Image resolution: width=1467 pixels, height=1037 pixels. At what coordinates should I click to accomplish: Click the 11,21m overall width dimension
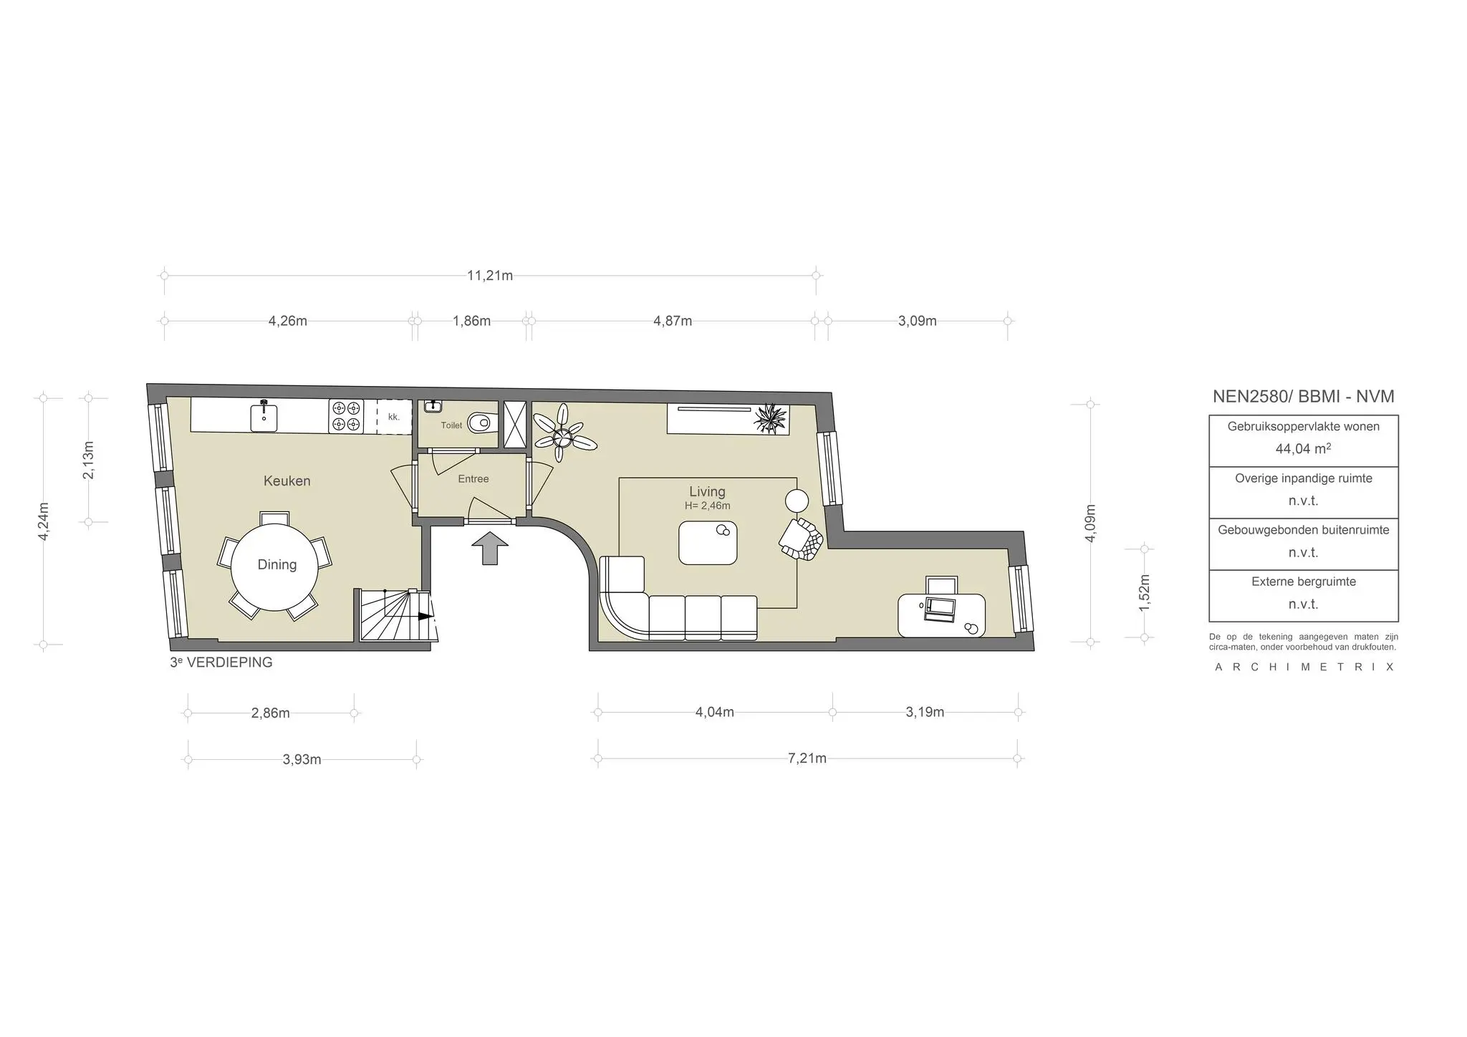point(490,276)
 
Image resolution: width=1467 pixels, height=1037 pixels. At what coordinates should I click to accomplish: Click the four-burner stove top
point(346,417)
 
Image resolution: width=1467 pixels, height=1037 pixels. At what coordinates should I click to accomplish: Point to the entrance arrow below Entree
point(490,548)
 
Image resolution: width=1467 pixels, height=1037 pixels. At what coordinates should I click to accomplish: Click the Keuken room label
point(287,481)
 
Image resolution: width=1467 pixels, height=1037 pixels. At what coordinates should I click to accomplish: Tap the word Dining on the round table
point(276,565)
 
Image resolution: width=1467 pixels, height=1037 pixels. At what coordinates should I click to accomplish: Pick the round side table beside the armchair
point(797,500)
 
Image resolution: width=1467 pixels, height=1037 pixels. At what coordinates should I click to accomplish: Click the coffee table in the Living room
point(708,543)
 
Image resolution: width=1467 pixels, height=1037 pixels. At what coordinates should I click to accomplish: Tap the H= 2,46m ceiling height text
point(707,506)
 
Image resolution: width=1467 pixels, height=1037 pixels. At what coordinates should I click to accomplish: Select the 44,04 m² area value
point(1303,449)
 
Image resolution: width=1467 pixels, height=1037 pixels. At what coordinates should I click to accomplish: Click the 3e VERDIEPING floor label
point(221,662)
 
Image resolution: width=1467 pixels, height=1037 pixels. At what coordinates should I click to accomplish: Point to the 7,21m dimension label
point(807,758)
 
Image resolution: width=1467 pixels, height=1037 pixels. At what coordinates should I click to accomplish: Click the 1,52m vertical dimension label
point(1144,592)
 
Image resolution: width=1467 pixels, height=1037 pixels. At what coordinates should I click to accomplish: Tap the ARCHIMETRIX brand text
point(1304,667)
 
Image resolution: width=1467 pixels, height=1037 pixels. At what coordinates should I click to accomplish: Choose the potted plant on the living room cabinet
point(771,418)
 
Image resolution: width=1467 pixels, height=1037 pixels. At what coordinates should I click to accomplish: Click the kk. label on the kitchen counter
point(393,417)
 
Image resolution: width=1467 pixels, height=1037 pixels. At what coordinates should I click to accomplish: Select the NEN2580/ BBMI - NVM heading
point(1303,396)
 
